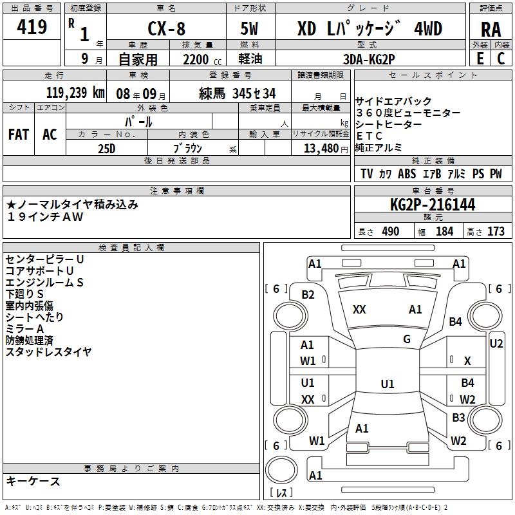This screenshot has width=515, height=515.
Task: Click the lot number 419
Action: pos(33,27)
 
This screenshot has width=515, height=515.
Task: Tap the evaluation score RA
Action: pos(491,29)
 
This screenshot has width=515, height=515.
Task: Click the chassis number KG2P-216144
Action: pos(433,205)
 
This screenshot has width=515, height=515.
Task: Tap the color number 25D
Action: pos(107,148)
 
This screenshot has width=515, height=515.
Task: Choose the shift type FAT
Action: pos(19,135)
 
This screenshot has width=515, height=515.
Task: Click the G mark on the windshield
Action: pos(407,339)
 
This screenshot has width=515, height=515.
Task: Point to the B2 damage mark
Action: pos(308,295)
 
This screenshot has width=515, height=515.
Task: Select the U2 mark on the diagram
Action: pos(496,344)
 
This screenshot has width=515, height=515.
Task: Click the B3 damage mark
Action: pos(458,418)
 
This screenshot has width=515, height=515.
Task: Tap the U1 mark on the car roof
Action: pos(388,384)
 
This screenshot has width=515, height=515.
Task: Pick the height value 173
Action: pos(496,232)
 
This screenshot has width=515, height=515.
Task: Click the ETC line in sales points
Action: pos(370,136)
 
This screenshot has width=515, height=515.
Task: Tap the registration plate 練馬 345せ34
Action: pos(238,92)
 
